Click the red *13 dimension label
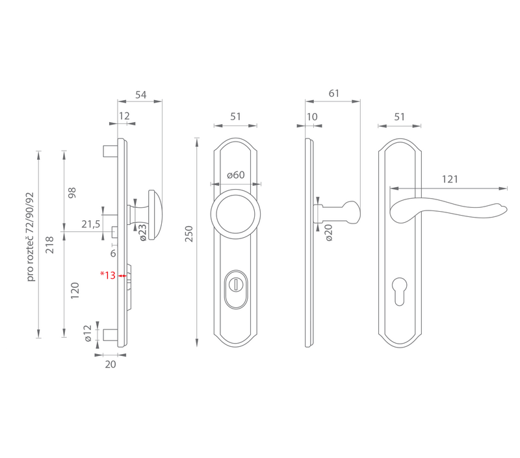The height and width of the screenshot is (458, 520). point(108,275)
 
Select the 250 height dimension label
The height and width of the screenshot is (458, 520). point(188,234)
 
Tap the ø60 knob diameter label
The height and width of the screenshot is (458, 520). point(236,175)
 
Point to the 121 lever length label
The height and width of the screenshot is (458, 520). point(450,179)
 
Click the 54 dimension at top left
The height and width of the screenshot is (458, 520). point(140,95)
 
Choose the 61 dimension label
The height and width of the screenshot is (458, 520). point(334,94)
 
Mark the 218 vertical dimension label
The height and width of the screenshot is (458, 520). point(49,245)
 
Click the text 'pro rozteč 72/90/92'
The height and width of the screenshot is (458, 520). point(30,236)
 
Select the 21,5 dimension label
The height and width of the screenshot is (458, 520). point(91,224)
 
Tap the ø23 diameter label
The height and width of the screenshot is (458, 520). point(142,233)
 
